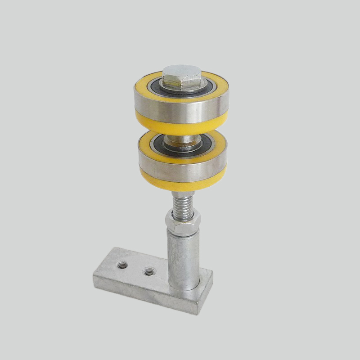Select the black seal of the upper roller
[x=157, y=85]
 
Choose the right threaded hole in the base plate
[x=148, y=271]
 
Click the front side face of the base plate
[x=144, y=295]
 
